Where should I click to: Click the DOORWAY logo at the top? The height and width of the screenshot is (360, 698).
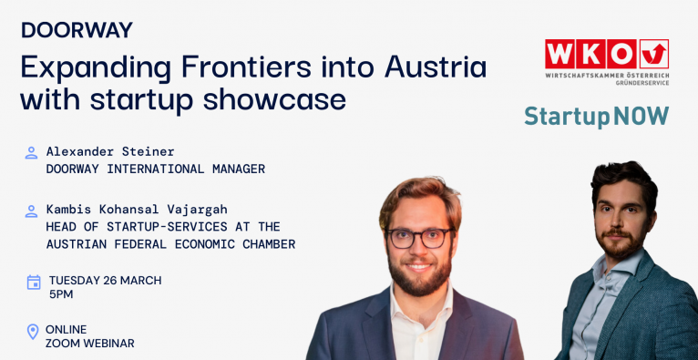(x=77, y=30)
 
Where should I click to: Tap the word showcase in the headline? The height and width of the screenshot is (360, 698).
(x=274, y=100)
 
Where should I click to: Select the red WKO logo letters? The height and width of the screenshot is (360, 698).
(x=590, y=55)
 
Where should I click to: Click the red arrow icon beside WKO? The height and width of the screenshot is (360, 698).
(x=654, y=55)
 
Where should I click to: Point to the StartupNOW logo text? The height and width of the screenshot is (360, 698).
(x=597, y=116)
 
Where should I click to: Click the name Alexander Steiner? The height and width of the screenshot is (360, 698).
(x=110, y=151)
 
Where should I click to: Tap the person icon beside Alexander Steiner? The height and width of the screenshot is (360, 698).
(x=31, y=152)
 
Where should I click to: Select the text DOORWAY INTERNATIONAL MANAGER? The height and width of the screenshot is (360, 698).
(x=155, y=170)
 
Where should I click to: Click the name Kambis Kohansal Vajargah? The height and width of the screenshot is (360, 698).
(x=137, y=210)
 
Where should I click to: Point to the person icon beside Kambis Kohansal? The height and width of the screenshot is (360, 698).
(x=31, y=211)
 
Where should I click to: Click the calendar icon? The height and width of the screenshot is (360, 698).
(x=34, y=283)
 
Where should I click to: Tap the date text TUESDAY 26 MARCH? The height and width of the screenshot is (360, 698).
(x=106, y=281)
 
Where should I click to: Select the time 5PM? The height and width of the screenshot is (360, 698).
(x=61, y=294)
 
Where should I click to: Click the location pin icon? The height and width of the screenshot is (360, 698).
(x=33, y=332)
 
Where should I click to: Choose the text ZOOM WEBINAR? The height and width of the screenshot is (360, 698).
(x=90, y=344)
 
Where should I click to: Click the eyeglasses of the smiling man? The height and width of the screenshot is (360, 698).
(x=420, y=238)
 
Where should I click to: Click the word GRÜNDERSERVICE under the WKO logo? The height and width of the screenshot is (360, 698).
(x=642, y=83)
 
